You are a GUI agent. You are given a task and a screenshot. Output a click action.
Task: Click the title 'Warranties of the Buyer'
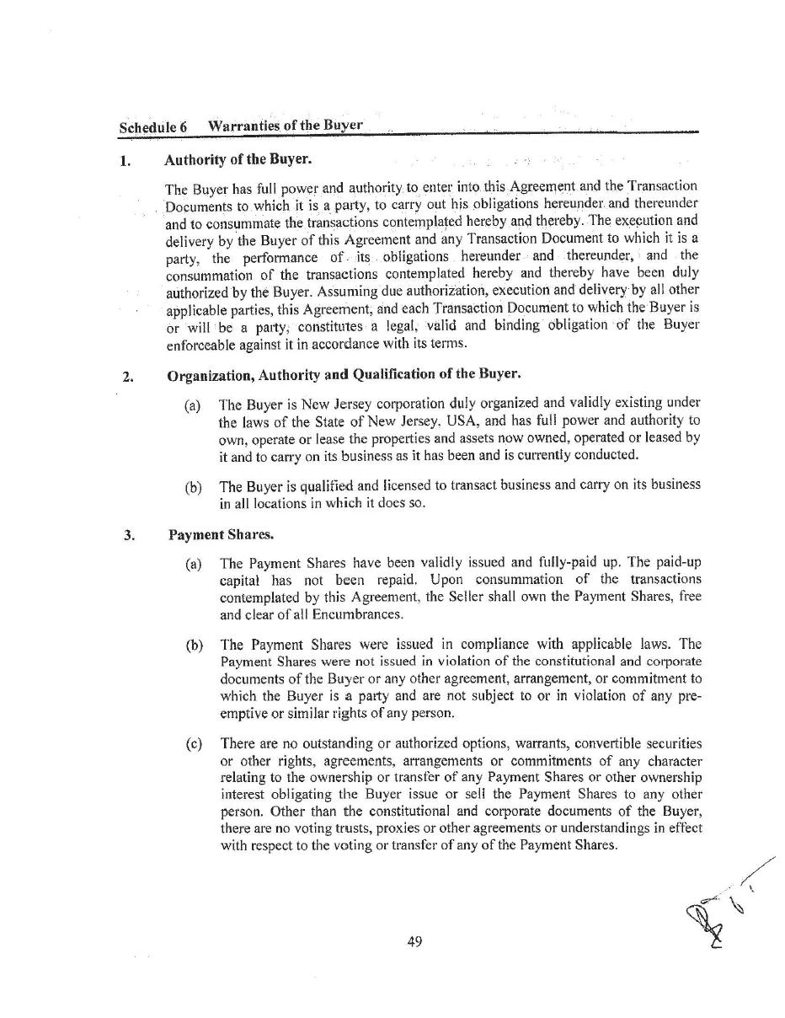[x=286, y=126]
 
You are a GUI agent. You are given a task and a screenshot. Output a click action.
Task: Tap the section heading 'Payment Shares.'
[x=221, y=534]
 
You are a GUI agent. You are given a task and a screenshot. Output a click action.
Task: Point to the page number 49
[x=414, y=941]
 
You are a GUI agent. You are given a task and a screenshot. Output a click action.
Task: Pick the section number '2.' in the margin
[x=128, y=377]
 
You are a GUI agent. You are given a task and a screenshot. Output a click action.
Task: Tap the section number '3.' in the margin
[x=129, y=535]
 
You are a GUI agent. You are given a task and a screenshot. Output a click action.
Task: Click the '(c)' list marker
[x=194, y=744]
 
